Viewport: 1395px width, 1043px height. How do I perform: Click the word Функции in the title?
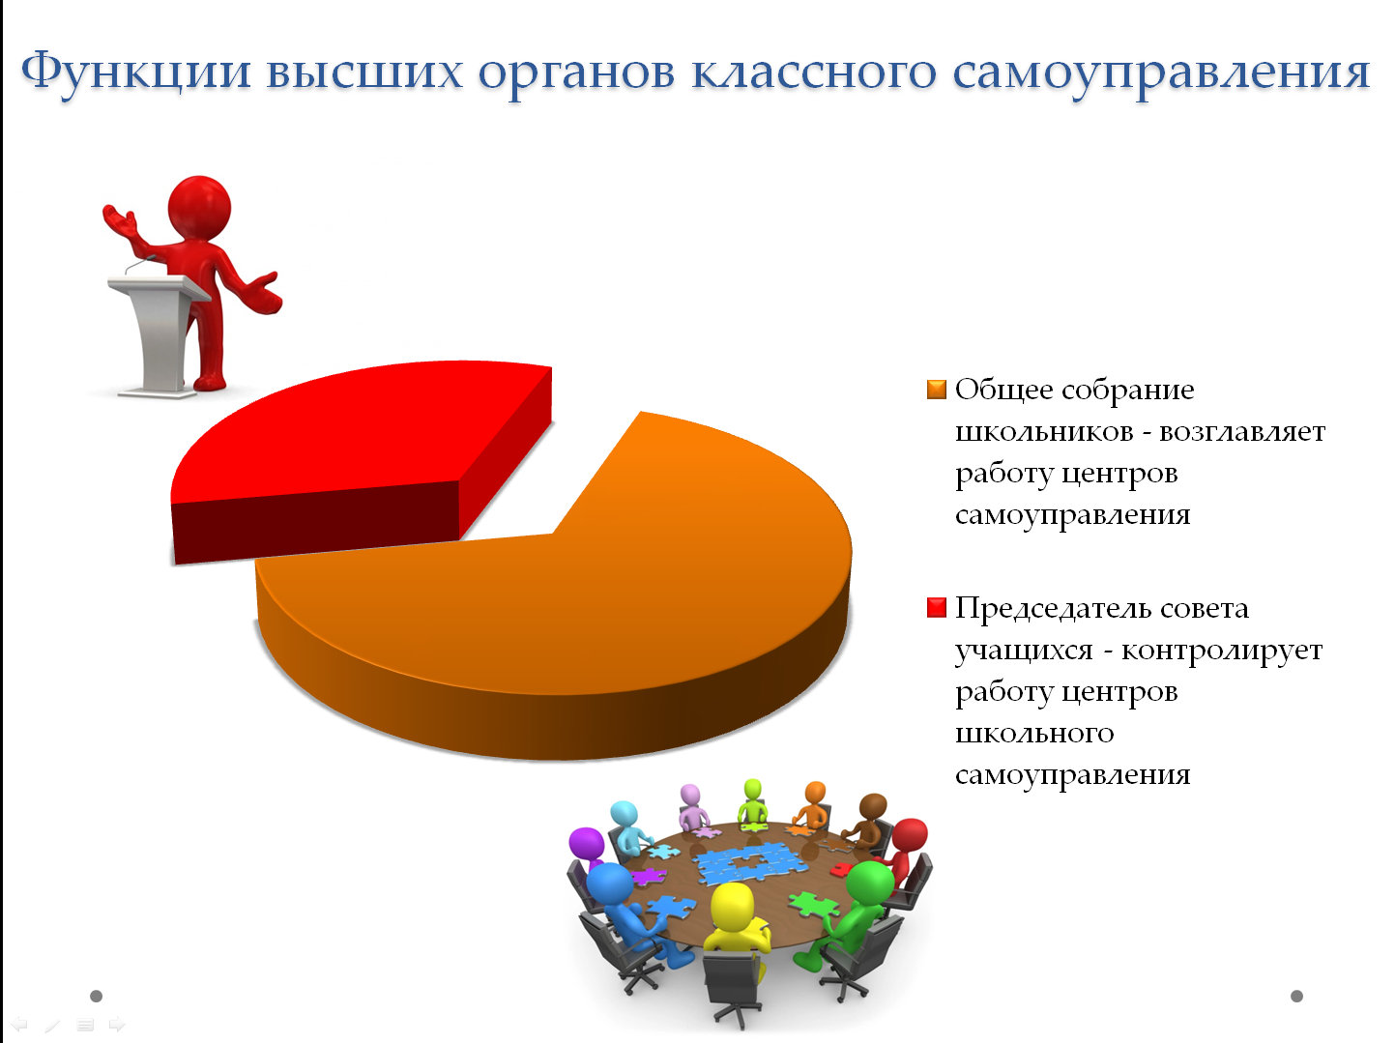136,72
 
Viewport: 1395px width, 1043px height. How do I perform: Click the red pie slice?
356,445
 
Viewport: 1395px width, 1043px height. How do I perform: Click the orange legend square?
937,390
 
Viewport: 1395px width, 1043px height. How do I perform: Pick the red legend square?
937,608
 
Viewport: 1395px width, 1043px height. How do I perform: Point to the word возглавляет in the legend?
1242,432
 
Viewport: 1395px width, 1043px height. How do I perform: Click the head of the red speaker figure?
199,208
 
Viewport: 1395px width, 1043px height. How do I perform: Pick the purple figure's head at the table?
586,846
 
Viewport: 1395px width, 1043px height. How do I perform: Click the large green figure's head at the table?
870,884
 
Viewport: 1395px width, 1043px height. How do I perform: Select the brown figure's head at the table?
873,808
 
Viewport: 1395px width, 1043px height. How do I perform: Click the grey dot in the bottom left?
96,996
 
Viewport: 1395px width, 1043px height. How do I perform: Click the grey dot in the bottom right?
1297,996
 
